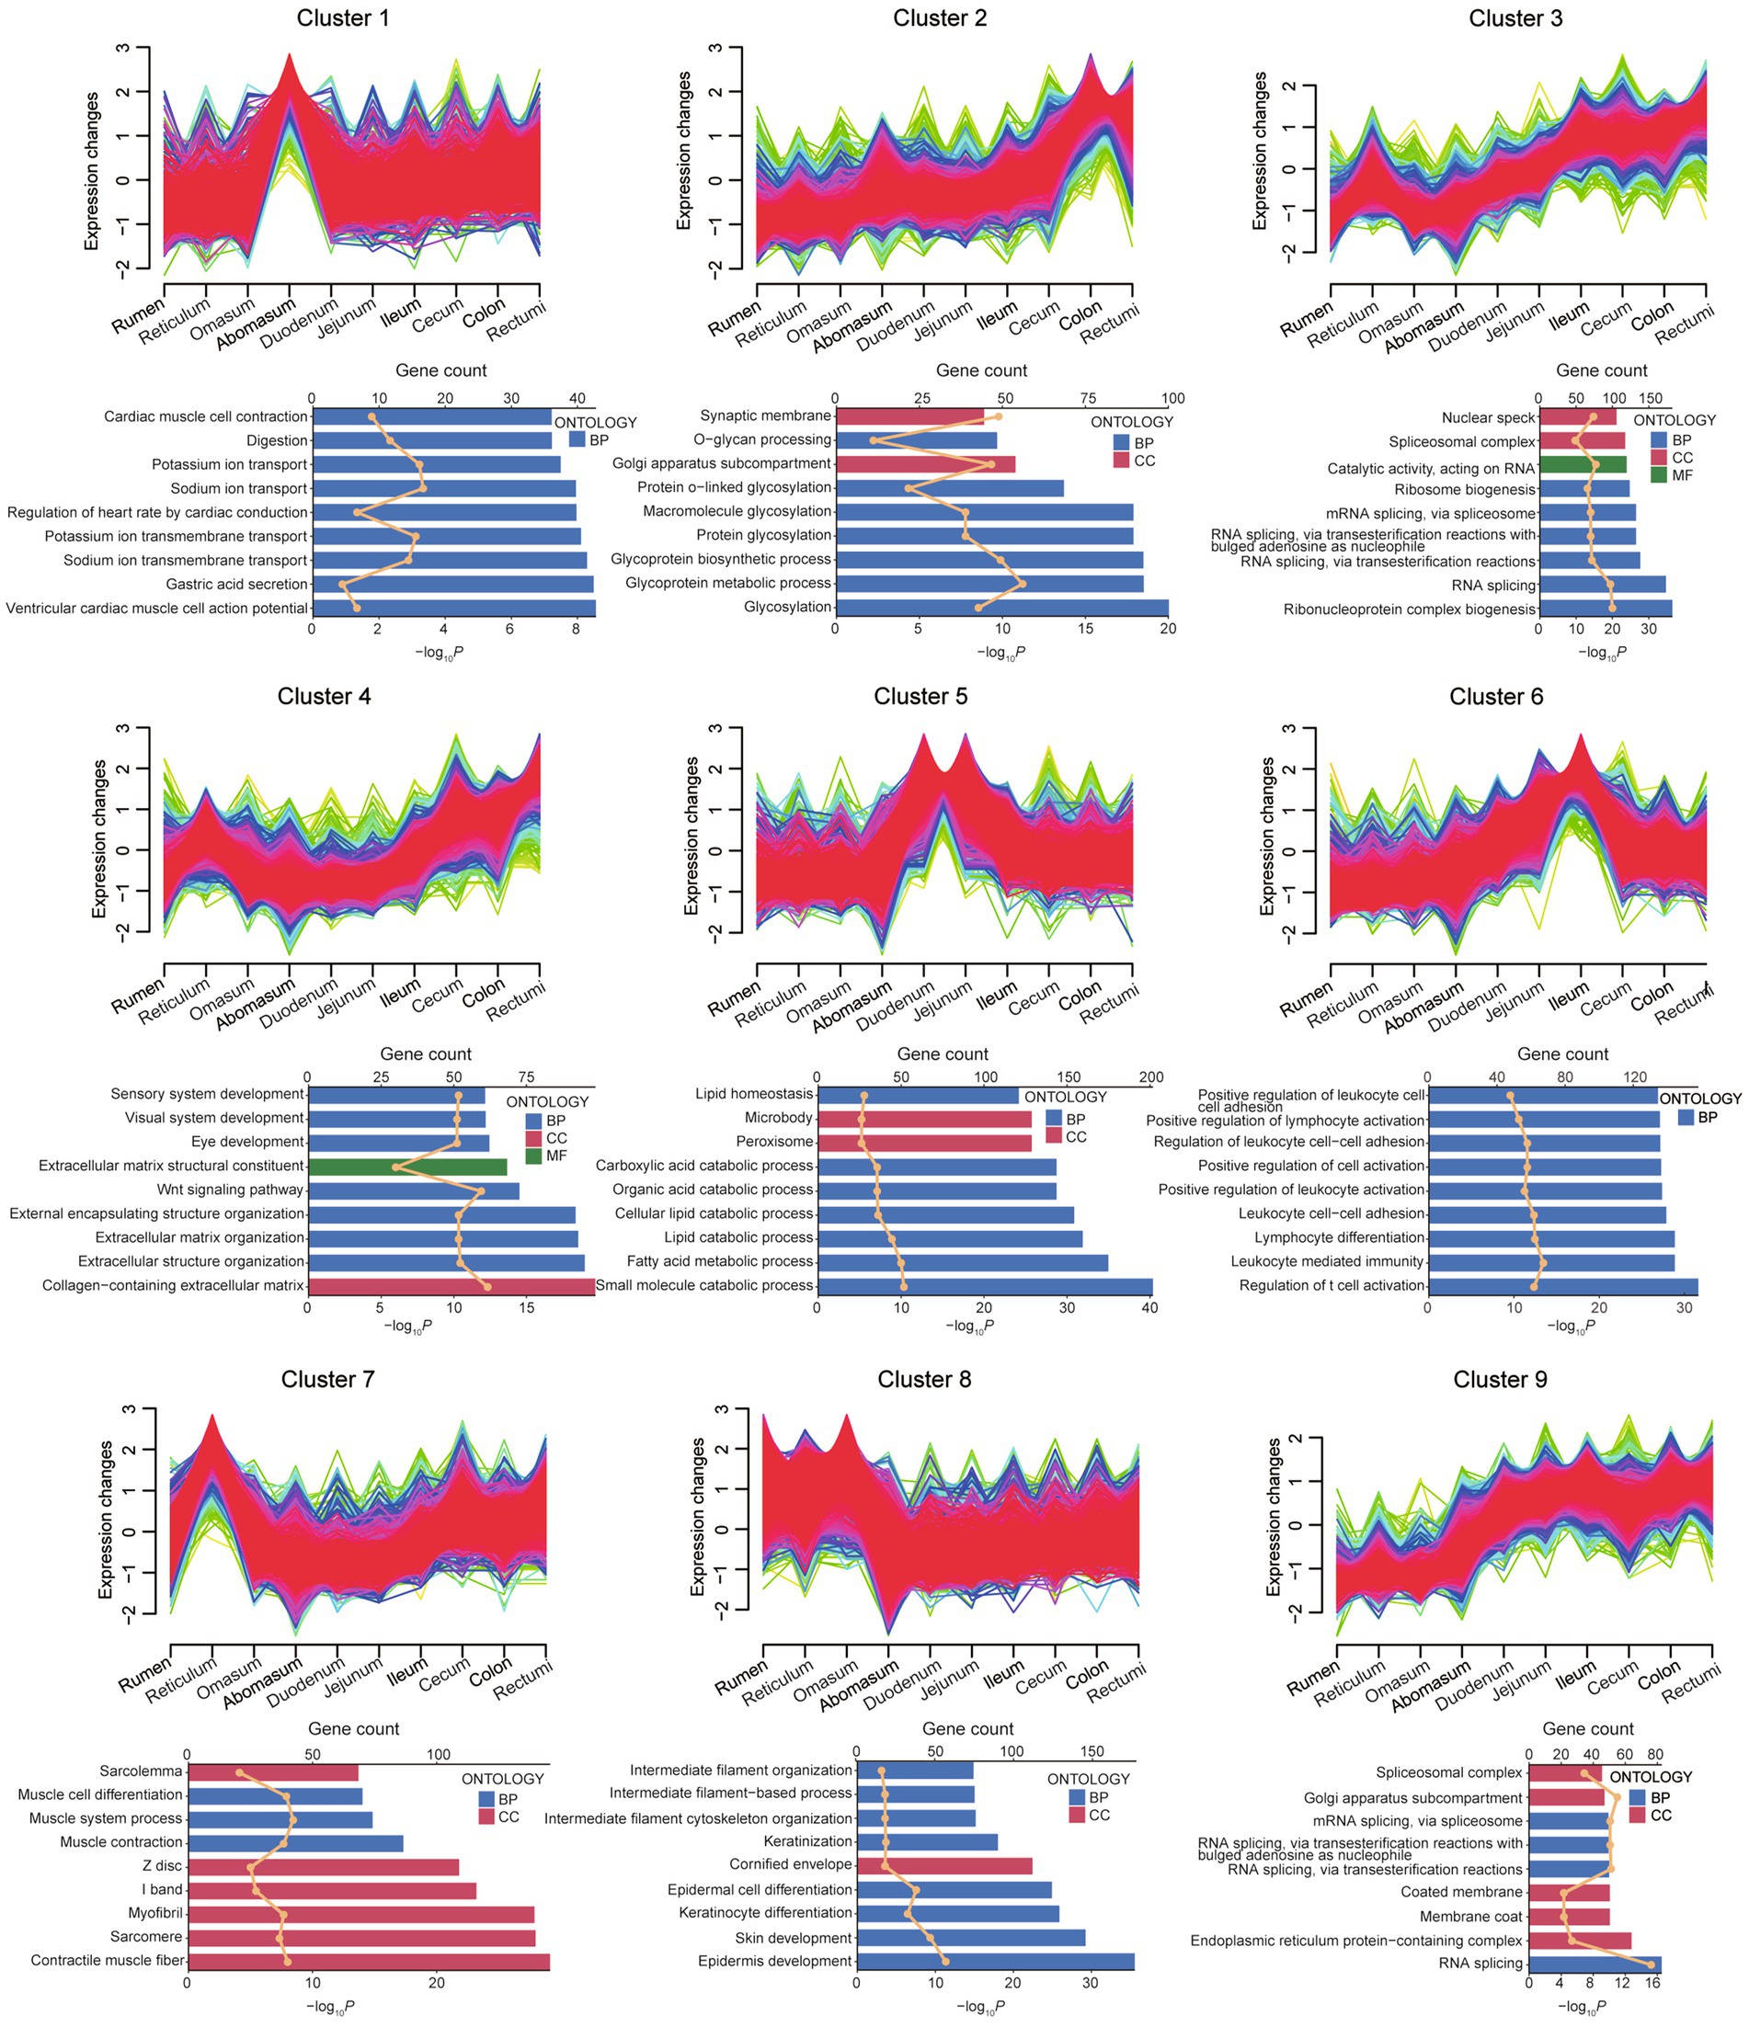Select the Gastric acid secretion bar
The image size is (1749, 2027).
pos(452,584)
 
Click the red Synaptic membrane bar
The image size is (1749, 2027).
pos(909,416)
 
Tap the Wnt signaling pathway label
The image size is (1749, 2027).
pos(230,1190)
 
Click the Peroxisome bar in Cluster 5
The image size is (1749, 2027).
pos(924,1142)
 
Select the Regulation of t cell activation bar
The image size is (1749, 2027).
pos(1562,1285)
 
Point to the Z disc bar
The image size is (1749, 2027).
pos(323,1866)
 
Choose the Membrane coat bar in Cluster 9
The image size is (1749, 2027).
pos(1568,1917)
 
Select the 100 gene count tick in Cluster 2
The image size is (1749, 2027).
pos(1172,398)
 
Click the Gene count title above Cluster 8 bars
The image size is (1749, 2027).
pos(967,1728)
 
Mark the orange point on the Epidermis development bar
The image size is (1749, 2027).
pos(944,1961)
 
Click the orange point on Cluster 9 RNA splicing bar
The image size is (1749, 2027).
pos(1652,1964)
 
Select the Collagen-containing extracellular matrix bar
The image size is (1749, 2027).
pos(452,1285)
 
